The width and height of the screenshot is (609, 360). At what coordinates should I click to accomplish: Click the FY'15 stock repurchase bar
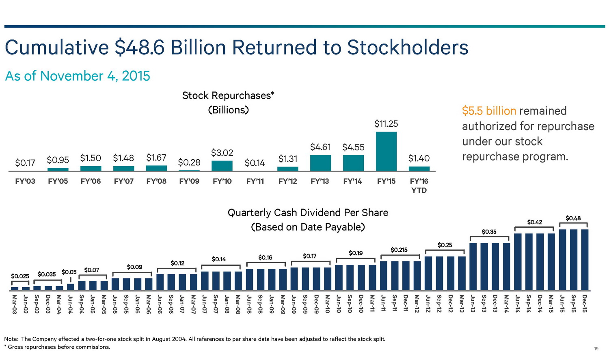coord(386,151)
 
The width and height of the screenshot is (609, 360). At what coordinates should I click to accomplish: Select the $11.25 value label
coord(386,124)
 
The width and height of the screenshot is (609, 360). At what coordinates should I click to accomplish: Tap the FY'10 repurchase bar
coord(222,166)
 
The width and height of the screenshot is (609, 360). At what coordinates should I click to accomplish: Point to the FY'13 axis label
coord(320,181)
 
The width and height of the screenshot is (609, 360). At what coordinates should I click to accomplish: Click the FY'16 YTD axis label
coord(419,186)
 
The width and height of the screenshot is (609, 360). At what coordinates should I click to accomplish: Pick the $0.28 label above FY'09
coord(189,163)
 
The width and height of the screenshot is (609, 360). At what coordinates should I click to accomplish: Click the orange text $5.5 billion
coord(489,111)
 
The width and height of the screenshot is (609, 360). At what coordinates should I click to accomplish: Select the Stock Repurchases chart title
coord(228,96)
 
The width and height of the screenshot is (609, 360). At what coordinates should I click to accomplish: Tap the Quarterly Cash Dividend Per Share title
coord(308,213)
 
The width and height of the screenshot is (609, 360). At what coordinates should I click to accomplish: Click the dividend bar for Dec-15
coord(585,260)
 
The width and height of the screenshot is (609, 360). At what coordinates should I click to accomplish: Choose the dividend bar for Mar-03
coord(15,289)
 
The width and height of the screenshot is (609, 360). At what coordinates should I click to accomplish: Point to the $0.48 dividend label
coord(573,218)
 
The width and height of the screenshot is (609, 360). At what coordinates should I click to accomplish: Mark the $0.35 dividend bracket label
coord(489,232)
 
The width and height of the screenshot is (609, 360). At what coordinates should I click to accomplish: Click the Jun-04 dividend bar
coord(71,287)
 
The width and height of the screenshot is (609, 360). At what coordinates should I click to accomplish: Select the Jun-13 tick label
coord(473,304)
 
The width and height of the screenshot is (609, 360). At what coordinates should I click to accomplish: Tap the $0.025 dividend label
coord(20,276)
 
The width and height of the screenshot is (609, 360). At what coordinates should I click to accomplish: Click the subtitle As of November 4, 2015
coord(78,76)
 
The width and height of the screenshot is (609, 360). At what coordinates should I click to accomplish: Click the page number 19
coord(596,349)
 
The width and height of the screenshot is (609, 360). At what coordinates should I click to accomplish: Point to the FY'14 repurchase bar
coord(353,163)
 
